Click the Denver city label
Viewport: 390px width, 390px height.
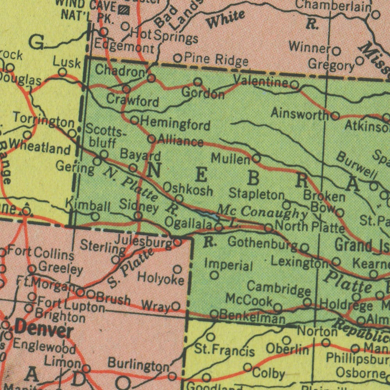pos(44,331)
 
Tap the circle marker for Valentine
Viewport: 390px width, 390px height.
pos(295,85)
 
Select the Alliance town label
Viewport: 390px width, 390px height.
pos(181,141)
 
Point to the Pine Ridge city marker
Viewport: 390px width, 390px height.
pos(178,58)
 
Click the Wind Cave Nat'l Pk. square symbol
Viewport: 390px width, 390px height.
pos(124,9)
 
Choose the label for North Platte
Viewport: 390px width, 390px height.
pos(310,226)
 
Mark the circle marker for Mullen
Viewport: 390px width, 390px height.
pos(256,158)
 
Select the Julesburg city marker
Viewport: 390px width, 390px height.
pos(177,242)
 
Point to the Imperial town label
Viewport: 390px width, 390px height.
pos(229,265)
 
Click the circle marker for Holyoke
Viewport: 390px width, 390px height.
pos(177,269)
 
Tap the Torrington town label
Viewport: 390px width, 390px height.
pos(43,119)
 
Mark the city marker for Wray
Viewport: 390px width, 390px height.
pos(176,306)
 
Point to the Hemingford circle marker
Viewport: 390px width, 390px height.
pos(134,120)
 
